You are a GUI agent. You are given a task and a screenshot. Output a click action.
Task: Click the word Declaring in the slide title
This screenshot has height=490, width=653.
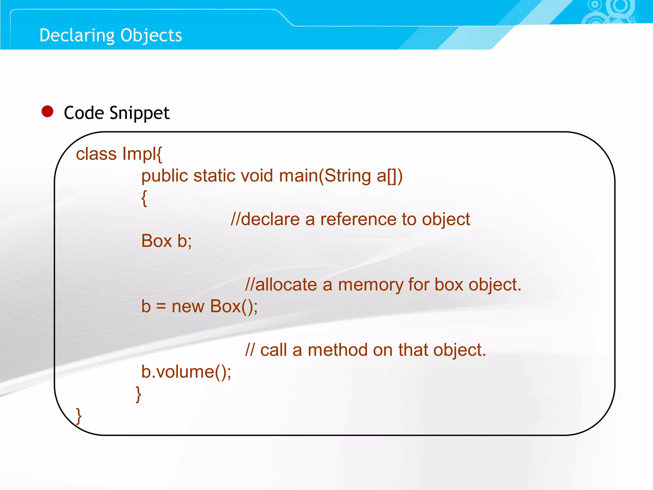[76, 35]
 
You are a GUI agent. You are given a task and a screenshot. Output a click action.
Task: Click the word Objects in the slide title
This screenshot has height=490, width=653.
[151, 35]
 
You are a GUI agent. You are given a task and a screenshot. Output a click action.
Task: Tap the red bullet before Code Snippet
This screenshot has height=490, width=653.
[48, 112]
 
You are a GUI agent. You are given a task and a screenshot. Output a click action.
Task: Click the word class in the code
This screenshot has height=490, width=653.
[96, 154]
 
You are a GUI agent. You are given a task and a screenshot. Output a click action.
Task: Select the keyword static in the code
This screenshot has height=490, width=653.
[214, 176]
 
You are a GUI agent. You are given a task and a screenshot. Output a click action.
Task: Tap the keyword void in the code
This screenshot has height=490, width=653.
[257, 176]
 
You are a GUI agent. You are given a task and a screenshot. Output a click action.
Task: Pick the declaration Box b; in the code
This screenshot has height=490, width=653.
[166, 241]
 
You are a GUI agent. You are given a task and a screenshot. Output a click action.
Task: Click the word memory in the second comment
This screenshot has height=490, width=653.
[370, 285]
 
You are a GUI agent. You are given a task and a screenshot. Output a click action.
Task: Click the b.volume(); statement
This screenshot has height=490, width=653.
[186, 372]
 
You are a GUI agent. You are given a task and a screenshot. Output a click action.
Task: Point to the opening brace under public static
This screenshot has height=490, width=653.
[144, 198]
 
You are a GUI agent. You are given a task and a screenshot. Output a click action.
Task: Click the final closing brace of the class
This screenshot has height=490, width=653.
[79, 416]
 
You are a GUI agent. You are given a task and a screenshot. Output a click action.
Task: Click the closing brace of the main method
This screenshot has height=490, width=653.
[138, 394]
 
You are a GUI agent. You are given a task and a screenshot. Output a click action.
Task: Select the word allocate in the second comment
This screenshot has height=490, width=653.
[286, 285]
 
